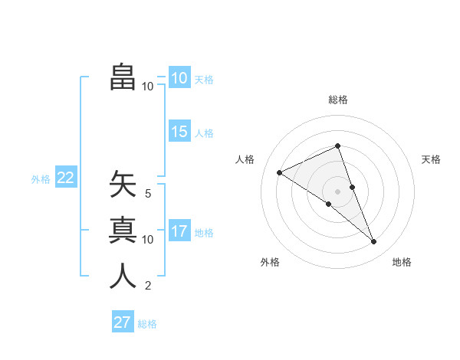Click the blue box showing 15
pyautogui.click(x=179, y=132)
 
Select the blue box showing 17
pyautogui.click(x=179, y=231)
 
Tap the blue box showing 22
pyautogui.click(x=66, y=178)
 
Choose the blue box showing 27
pyautogui.click(x=123, y=322)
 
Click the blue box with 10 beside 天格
pyautogui.click(x=179, y=78)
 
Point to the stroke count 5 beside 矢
pyautogui.click(x=148, y=194)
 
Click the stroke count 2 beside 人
pyautogui.click(x=148, y=286)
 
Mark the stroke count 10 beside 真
pyautogui.click(x=148, y=240)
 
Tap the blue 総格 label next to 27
pyautogui.click(x=147, y=324)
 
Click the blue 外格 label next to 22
pyautogui.click(x=41, y=179)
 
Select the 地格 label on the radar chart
pyautogui.click(x=402, y=262)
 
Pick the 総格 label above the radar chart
pyautogui.click(x=338, y=100)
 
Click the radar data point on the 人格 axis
pyautogui.click(x=280, y=172)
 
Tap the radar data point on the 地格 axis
pyautogui.click(x=374, y=242)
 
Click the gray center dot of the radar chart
pyautogui.click(x=338, y=191)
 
